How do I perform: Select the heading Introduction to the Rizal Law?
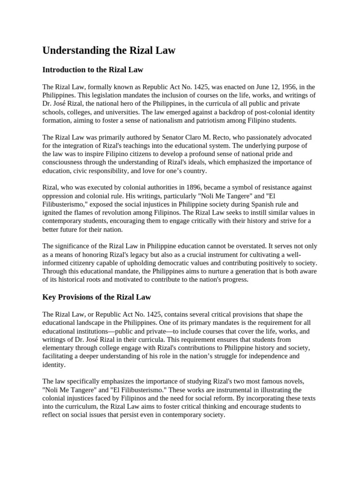pos(92,70)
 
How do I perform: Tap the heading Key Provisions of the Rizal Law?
pos(97,297)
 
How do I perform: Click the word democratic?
pos(179,262)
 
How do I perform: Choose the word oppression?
pos(60,195)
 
